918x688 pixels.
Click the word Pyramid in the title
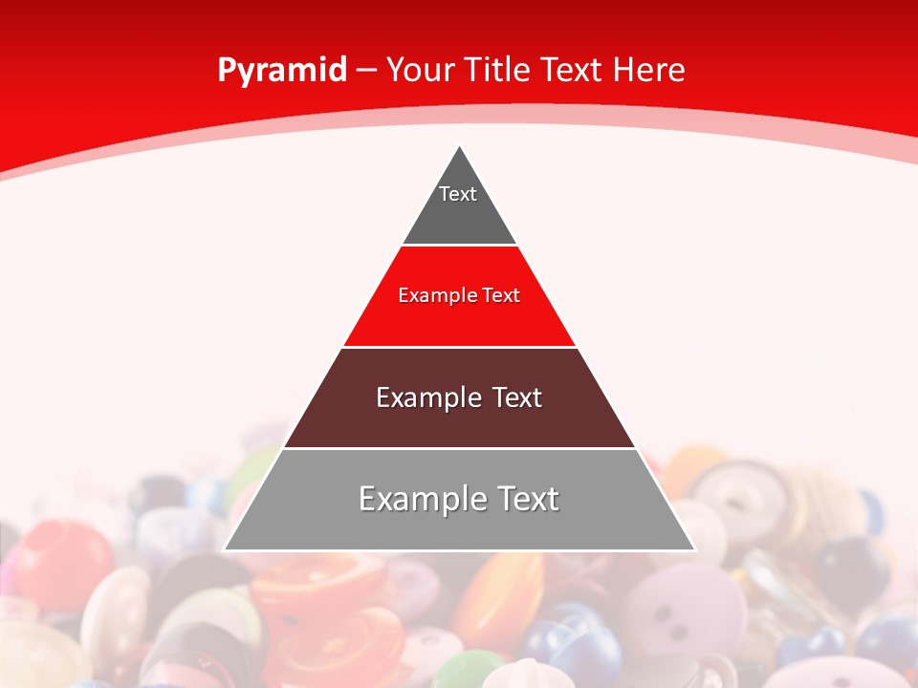coord(282,71)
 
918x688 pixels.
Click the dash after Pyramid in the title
coord(366,71)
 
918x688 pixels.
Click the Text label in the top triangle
coord(458,194)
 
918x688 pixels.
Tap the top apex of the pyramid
coord(459,146)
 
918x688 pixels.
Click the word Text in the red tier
coord(501,295)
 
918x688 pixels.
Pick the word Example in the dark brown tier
coord(426,398)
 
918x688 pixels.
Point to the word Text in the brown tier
coord(517,398)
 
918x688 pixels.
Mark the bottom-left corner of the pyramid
coord(225,549)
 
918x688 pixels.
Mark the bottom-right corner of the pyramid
coord(694,549)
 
